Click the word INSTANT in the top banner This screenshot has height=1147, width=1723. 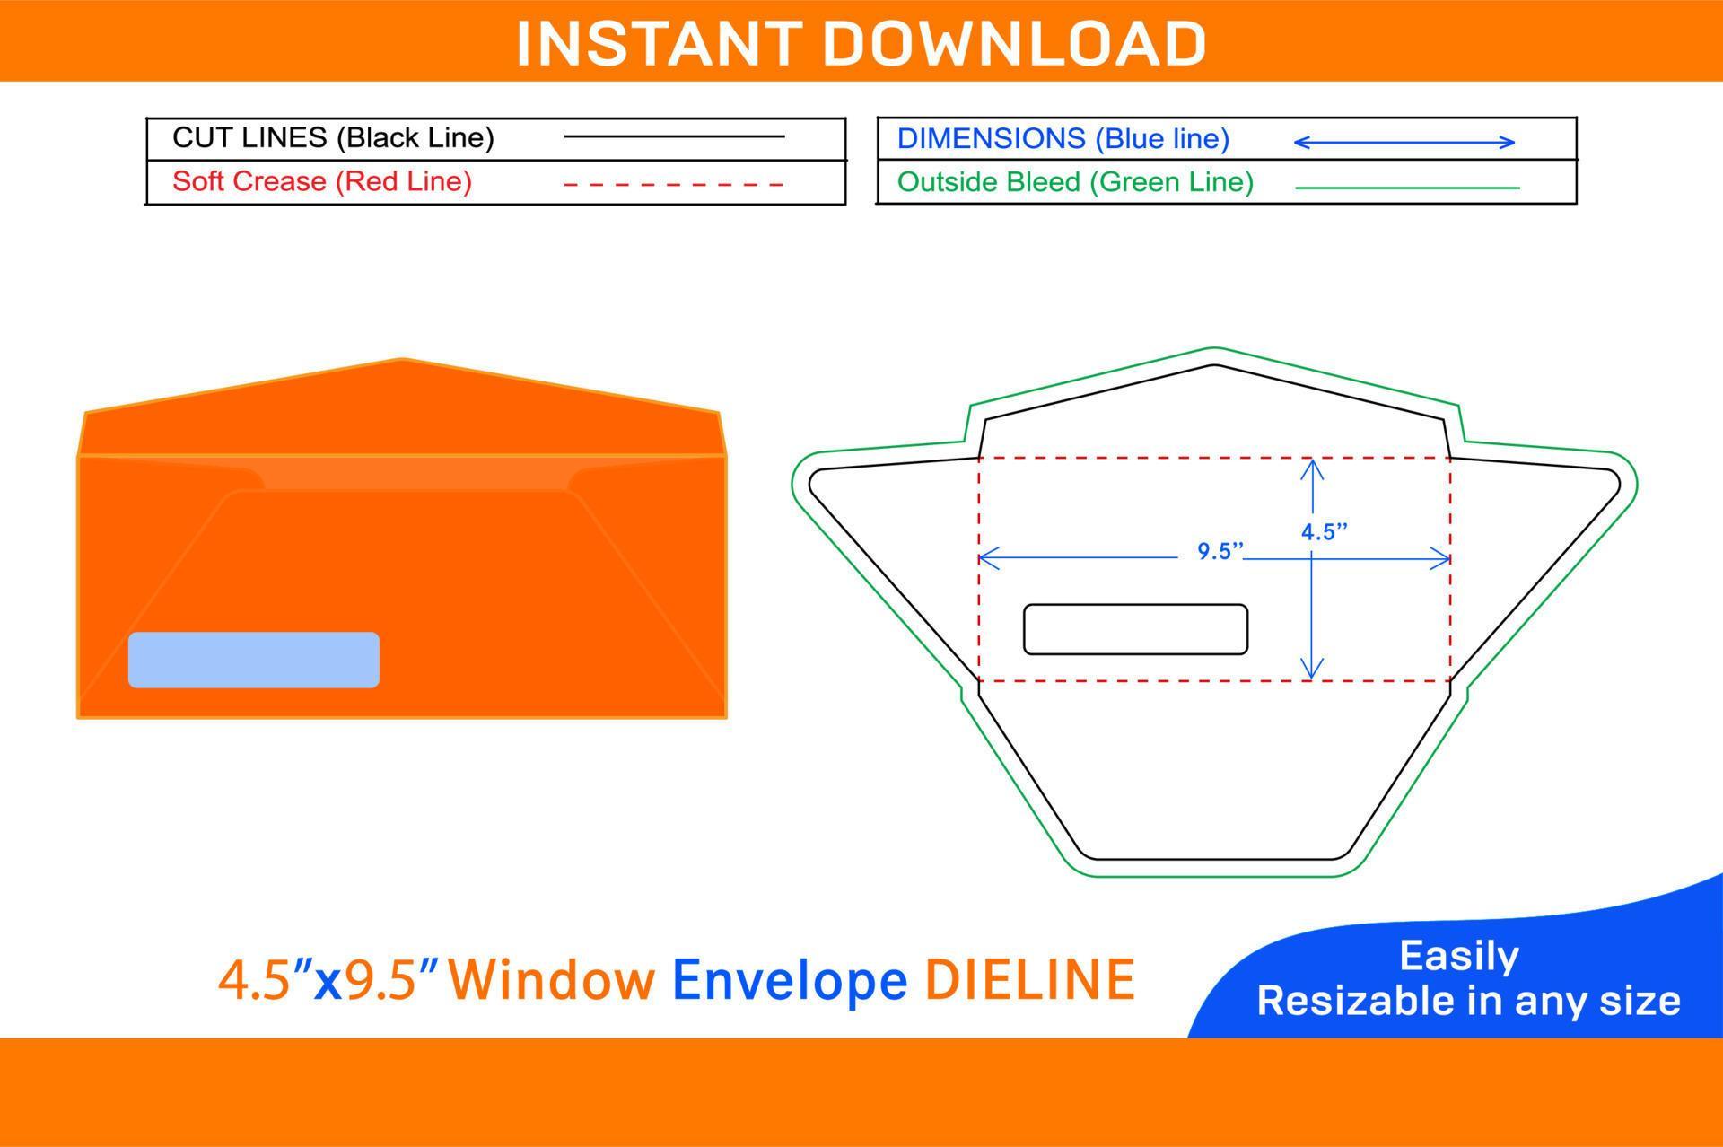(x=659, y=43)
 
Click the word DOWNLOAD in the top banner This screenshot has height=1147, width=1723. (x=1015, y=43)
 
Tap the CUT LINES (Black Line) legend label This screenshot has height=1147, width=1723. (x=333, y=137)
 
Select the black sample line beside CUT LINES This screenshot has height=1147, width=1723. (x=674, y=136)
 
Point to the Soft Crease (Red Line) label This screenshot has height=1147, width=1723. (x=322, y=181)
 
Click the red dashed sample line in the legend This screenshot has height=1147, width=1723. (x=674, y=185)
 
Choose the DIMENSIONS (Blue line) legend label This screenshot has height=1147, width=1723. (x=1063, y=138)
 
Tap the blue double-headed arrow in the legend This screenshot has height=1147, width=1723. (x=1404, y=142)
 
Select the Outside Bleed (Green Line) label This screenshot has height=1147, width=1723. (x=1075, y=182)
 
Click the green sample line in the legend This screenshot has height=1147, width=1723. (x=1408, y=188)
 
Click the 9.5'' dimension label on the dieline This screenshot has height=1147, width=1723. (x=1220, y=551)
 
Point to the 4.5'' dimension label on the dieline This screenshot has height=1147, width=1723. (x=1325, y=532)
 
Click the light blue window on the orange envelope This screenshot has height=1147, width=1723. (x=254, y=660)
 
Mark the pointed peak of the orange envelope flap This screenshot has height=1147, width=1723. (x=402, y=359)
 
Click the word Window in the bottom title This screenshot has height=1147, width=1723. (x=552, y=979)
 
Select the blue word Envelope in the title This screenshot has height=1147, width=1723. (x=790, y=981)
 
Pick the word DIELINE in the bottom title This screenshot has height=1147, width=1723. (x=1030, y=979)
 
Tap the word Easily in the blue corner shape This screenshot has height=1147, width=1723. (x=1459, y=957)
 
